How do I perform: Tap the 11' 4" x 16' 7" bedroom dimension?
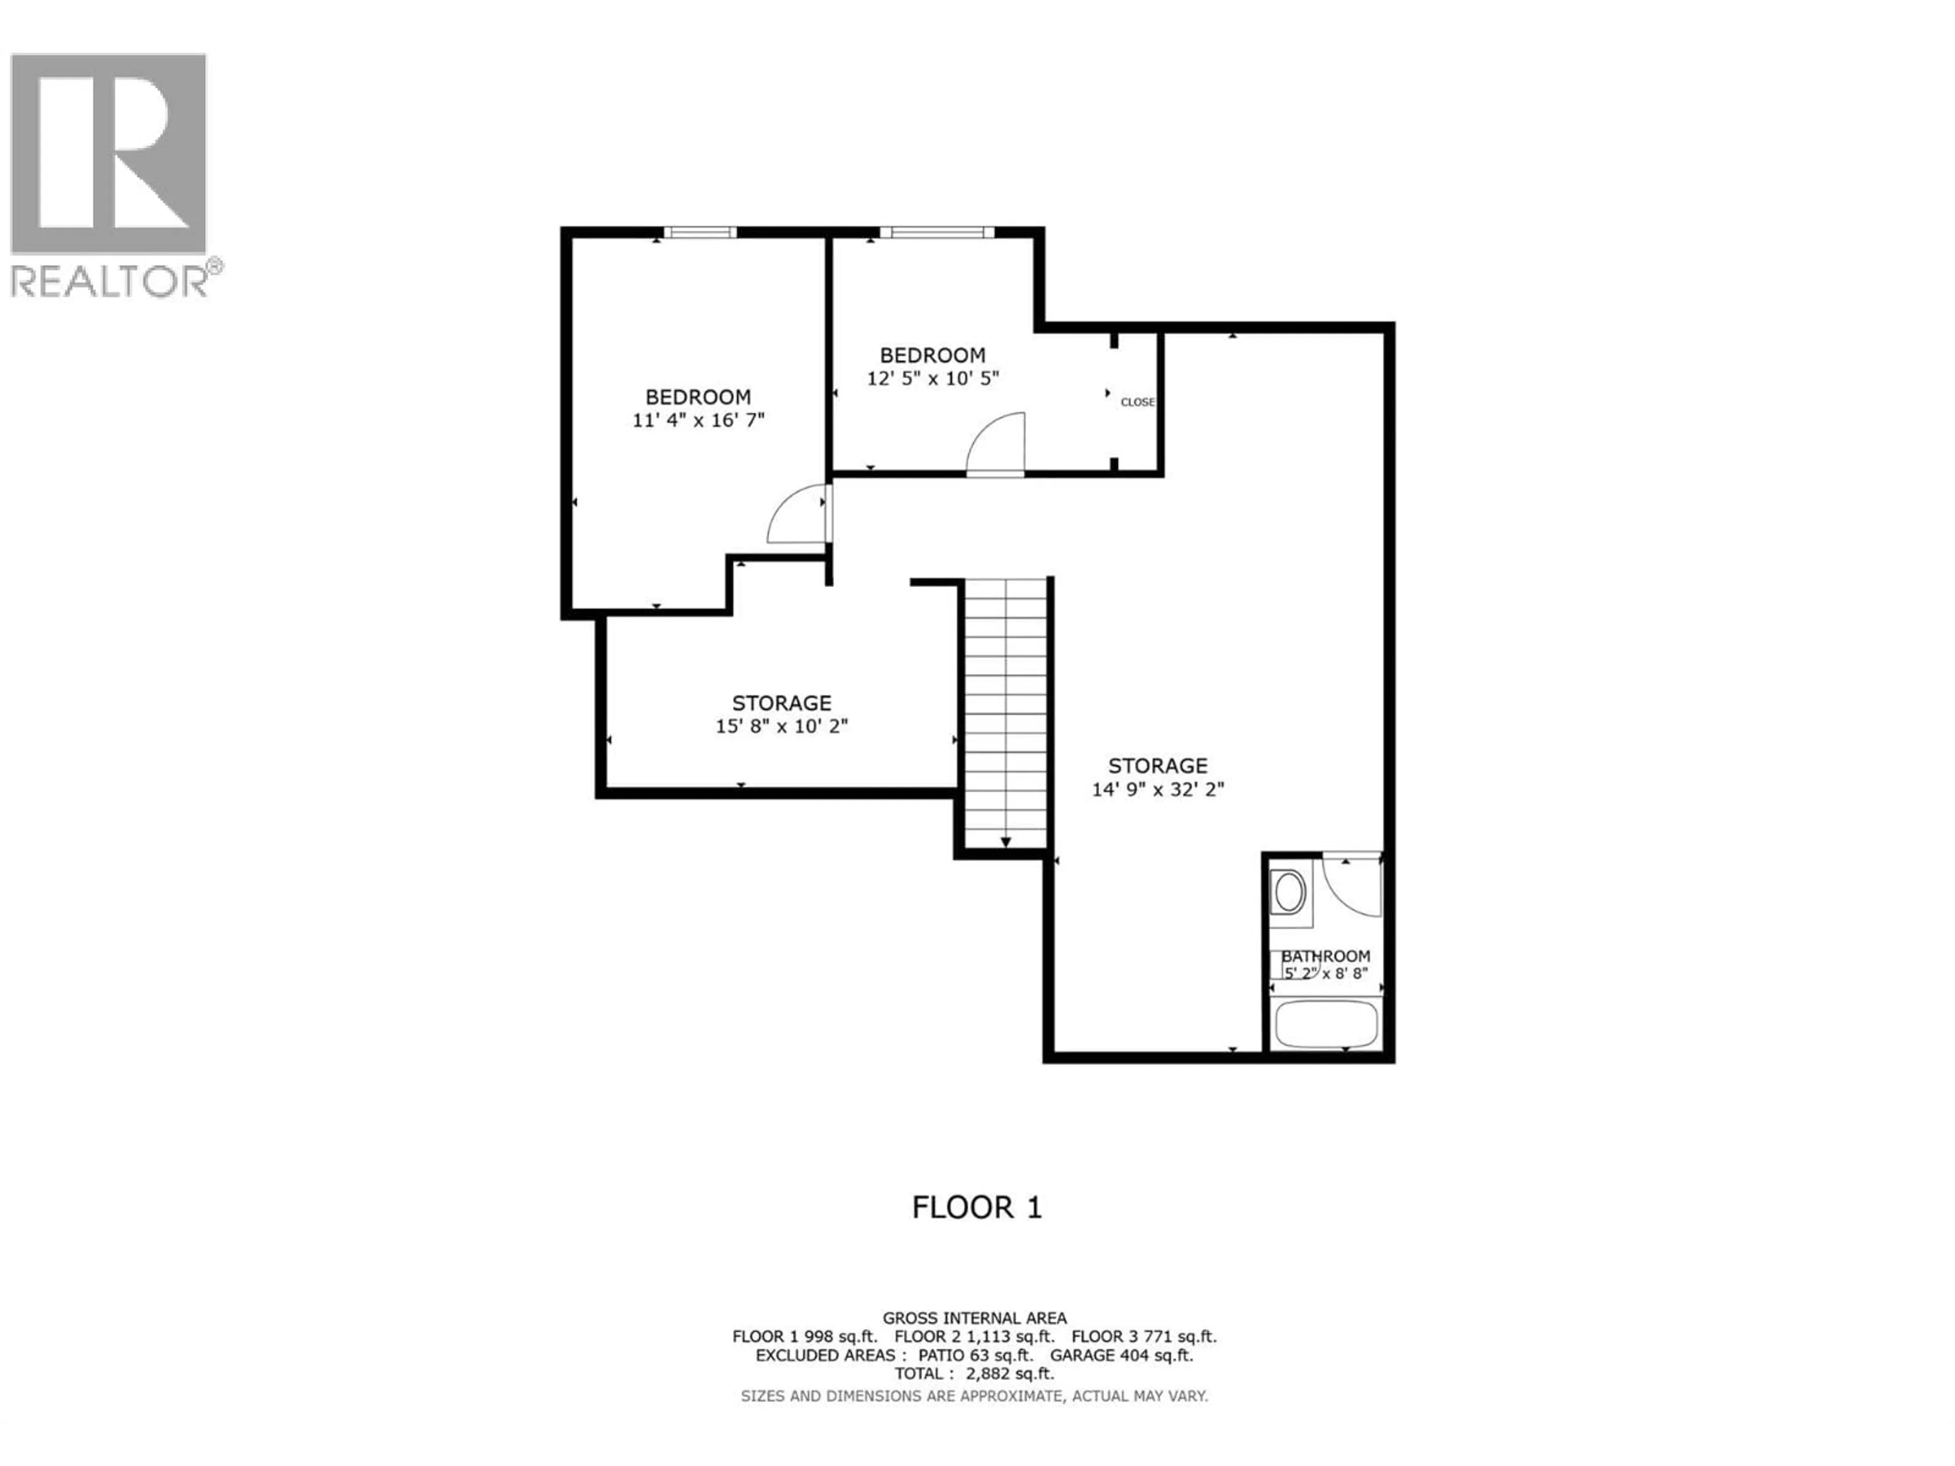(697, 420)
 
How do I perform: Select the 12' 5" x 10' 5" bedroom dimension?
(932, 378)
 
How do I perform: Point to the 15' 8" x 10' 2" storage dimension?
(781, 726)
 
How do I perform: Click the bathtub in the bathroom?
(1326, 1023)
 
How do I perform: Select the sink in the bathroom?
(1288, 892)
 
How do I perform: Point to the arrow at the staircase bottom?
(1006, 842)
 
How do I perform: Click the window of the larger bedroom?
(700, 233)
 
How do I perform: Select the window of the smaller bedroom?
(937, 233)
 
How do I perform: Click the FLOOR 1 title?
(976, 1207)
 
